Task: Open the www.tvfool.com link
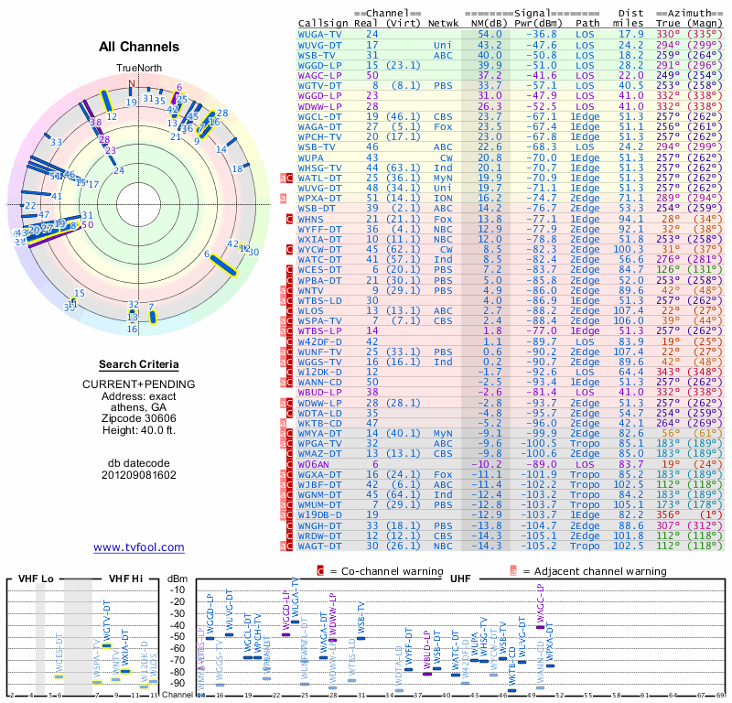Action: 139,547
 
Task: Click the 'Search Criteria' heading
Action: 139,364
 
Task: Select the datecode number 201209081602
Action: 139,475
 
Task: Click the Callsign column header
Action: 323,22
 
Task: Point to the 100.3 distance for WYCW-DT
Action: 630,249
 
